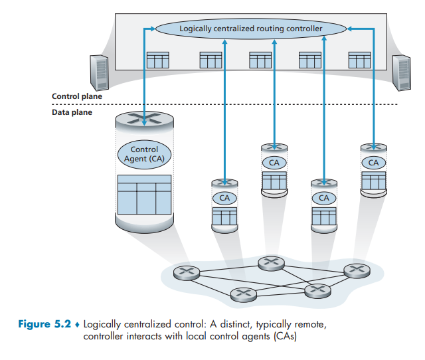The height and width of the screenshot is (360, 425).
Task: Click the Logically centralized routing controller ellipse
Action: tap(251, 29)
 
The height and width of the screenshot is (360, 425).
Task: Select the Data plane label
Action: tap(72, 113)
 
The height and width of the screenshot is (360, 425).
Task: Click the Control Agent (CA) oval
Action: tap(144, 155)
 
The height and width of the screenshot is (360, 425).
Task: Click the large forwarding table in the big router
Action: tap(144, 193)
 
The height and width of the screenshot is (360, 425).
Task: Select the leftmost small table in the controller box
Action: tap(157, 60)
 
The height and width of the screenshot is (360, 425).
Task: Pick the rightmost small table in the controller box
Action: tap(359, 60)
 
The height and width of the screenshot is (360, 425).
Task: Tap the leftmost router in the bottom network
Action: tap(185, 273)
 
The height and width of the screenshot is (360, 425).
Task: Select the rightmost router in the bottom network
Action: tap(355, 270)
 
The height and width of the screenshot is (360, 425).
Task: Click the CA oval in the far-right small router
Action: tap(373, 162)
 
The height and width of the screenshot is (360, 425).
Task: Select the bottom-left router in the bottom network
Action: tap(242, 293)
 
